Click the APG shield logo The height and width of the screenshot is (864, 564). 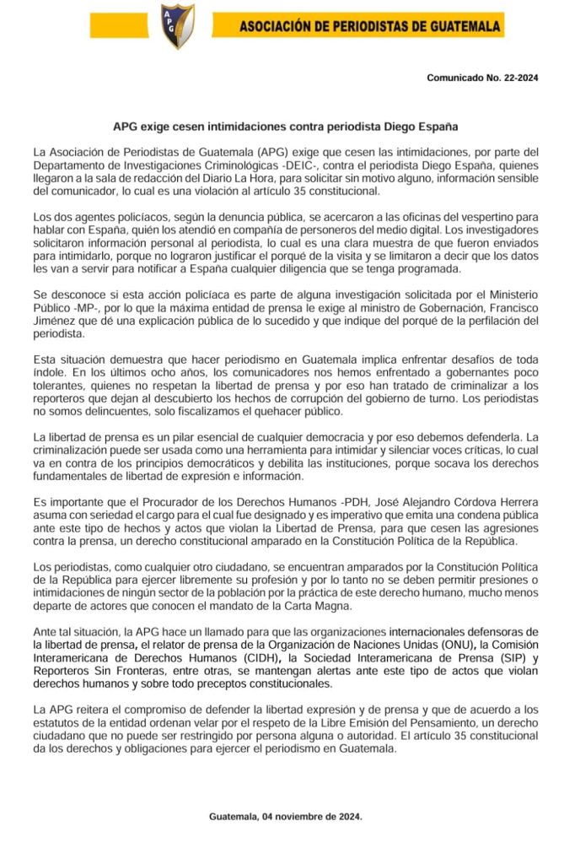pyautogui.click(x=179, y=26)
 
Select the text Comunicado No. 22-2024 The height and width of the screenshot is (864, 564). pyautogui.click(x=482, y=78)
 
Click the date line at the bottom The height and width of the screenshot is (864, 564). pyautogui.click(x=285, y=817)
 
